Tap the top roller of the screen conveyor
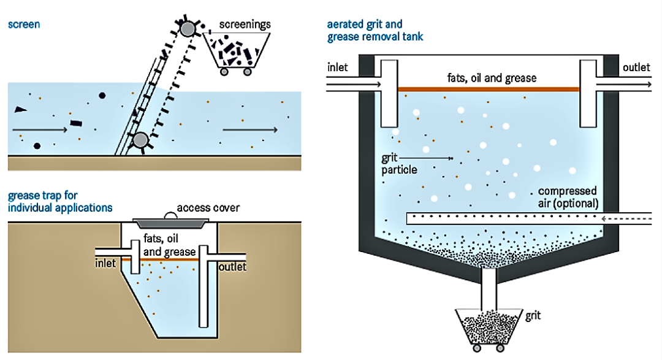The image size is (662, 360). (x=187, y=29)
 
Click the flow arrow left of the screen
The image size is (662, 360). (x=39, y=129)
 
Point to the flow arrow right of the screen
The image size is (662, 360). (x=249, y=129)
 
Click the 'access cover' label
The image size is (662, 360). (x=208, y=208)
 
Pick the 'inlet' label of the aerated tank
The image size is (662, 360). (x=338, y=67)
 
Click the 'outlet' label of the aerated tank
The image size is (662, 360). (x=636, y=67)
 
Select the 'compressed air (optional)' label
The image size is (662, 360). (x=568, y=197)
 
